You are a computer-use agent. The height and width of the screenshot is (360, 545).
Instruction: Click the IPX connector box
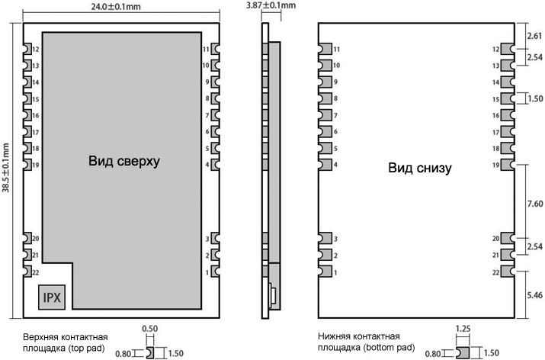tap(52, 297)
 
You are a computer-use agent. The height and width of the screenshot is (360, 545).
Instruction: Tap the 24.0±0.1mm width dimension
tap(116, 7)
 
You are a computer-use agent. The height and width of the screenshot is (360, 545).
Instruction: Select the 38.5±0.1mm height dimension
tap(6, 168)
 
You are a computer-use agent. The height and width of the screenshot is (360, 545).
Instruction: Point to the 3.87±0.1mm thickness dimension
tap(271, 5)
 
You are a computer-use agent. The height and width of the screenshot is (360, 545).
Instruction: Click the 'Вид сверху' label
tap(124, 161)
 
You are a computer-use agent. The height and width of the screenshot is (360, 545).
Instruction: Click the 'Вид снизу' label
tap(420, 168)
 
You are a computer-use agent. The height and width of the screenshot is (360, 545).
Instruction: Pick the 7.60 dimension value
tap(535, 204)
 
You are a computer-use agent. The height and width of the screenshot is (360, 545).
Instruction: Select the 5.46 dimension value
tap(534, 295)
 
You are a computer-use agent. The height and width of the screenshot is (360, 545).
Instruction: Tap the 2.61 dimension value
tap(534, 36)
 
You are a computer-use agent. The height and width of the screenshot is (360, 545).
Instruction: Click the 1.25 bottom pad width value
tap(463, 329)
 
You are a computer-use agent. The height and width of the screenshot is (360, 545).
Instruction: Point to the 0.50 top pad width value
tap(150, 329)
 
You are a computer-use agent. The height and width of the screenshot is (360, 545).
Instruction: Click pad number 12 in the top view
tap(36, 50)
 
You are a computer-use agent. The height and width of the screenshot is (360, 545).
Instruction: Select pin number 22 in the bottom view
tap(495, 273)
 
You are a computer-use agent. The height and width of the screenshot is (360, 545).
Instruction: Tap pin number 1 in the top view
tap(207, 273)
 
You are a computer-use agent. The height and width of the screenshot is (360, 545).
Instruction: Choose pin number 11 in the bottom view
tap(336, 50)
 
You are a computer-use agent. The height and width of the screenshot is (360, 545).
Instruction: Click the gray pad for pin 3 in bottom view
tap(325, 239)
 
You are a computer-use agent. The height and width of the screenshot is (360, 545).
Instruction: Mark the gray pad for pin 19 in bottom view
tap(508, 165)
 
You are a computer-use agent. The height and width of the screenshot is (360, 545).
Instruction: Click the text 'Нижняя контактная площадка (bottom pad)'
tap(367, 342)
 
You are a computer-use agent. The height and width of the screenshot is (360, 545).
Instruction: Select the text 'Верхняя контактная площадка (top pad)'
tap(66, 342)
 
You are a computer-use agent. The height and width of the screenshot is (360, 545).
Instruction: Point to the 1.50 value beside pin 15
tap(535, 99)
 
